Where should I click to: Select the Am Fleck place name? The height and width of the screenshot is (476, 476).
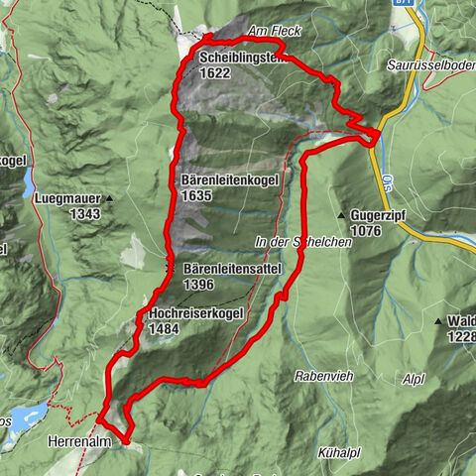tap(277, 32)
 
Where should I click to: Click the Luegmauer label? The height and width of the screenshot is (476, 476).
tap(65, 198)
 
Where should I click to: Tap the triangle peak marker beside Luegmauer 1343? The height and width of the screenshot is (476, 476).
tap(110, 198)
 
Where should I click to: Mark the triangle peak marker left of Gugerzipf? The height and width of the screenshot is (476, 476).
tap(340, 215)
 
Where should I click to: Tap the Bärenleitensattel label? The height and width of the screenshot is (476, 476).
tap(234, 269)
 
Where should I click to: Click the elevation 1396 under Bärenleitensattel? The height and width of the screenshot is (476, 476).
tap(199, 284)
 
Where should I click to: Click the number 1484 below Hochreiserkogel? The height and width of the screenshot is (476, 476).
tap(164, 328)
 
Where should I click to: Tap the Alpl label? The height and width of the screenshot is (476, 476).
tap(413, 378)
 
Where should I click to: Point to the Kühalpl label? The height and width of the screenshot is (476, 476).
tap(338, 452)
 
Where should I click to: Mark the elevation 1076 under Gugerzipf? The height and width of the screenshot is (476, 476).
tap(365, 230)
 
